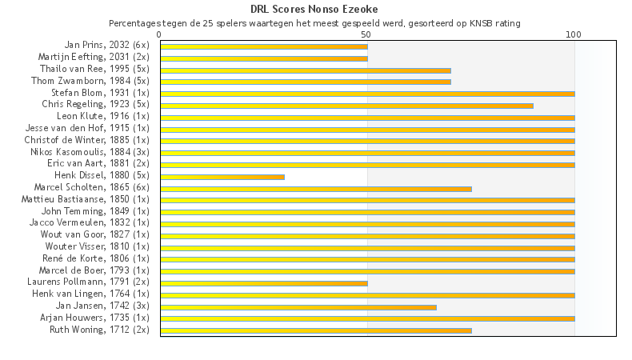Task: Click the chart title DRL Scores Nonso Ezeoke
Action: pos(314,9)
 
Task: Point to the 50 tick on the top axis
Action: pos(366,34)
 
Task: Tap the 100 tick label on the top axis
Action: pos(574,34)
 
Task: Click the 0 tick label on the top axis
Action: pos(160,34)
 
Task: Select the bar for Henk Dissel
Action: pos(222,176)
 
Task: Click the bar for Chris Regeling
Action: pos(346,105)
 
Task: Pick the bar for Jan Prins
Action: pos(264,46)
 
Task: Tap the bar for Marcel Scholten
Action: pos(316,188)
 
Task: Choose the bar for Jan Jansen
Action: pos(298,306)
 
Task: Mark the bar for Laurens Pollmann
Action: pos(264,282)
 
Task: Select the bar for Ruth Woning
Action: pos(316,330)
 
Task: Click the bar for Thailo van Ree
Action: pos(306,70)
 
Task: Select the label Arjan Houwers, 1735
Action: pos(94,318)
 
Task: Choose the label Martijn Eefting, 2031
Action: pos(94,58)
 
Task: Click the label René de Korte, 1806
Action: pos(95,258)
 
